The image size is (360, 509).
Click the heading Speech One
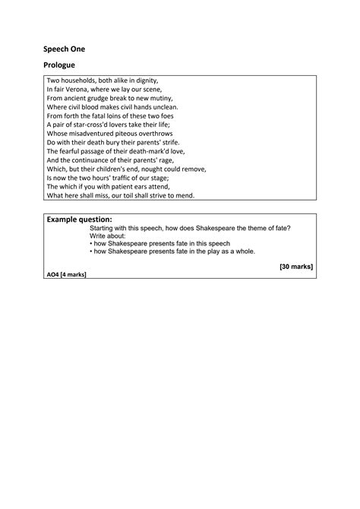click(x=64, y=49)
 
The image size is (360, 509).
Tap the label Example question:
click(x=80, y=219)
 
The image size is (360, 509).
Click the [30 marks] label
click(x=295, y=267)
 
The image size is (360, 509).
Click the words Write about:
click(x=108, y=236)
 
